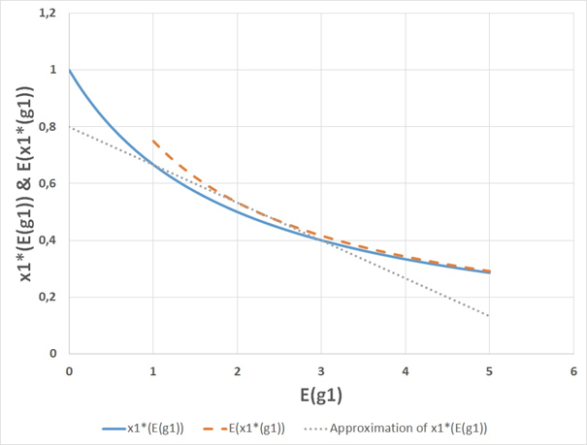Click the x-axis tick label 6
click(573, 371)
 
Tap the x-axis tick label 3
click(321, 371)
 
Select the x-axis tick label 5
click(490, 371)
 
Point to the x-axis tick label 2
click(238, 371)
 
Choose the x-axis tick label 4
click(406, 371)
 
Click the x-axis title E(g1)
click(321, 396)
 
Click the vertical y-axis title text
click(21, 184)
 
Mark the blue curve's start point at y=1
click(69, 71)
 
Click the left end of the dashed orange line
click(153, 141)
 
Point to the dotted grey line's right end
click(490, 316)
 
